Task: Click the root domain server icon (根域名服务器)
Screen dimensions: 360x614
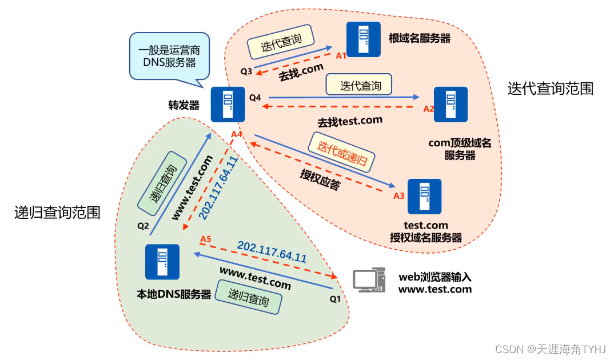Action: (364, 39)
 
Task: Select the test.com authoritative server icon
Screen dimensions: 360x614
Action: (424, 196)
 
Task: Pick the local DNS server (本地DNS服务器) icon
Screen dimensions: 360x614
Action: (162, 262)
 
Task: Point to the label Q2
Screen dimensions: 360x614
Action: (143, 225)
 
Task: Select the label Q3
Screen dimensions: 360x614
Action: (246, 71)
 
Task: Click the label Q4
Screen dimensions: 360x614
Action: (254, 98)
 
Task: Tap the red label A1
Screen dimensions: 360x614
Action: (341, 55)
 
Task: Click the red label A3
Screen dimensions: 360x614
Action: (399, 195)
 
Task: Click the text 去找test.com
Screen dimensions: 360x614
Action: (349, 121)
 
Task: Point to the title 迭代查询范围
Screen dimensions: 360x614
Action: (550, 89)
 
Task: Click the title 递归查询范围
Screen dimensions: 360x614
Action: (57, 213)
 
